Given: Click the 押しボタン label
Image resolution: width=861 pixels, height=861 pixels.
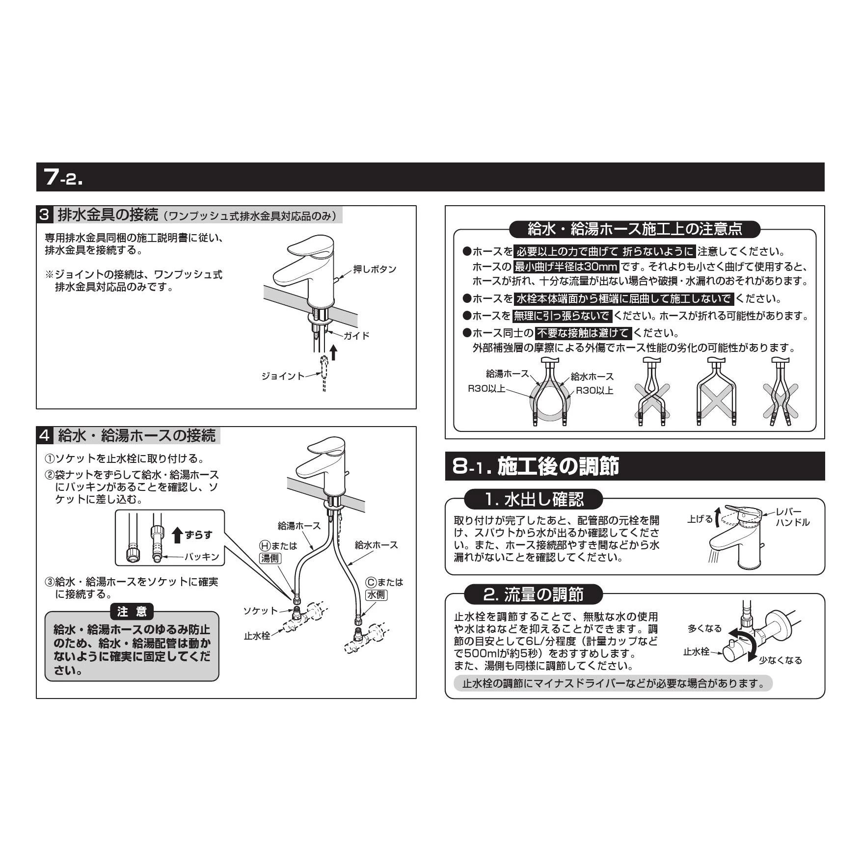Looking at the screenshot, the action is [375, 269].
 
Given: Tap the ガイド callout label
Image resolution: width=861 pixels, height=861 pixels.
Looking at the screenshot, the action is [356, 336].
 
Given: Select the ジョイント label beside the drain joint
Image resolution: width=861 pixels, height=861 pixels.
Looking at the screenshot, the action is [283, 376].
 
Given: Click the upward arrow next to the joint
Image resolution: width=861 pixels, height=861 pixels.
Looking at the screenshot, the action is [334, 352].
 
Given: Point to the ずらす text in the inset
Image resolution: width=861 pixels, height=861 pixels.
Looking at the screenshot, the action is [199, 535].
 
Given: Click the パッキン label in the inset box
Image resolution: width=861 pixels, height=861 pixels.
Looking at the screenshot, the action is [202, 557].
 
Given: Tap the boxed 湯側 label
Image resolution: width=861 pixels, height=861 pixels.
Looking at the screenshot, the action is [269, 558].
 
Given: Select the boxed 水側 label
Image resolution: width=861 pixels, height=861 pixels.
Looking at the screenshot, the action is [377, 594].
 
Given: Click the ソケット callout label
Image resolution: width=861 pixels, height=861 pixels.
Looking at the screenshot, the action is [261, 611].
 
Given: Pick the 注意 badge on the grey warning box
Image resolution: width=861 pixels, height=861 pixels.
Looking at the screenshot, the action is [132, 612].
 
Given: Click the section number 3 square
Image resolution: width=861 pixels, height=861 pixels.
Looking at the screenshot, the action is [44, 215].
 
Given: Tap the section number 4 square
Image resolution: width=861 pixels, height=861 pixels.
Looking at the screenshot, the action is [44, 435].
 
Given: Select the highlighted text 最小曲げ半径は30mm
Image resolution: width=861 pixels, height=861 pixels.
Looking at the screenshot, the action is [565, 267].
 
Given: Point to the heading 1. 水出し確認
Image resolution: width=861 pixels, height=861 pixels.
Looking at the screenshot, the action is [534, 500].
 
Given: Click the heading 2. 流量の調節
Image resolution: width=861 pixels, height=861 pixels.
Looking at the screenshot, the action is [534, 594].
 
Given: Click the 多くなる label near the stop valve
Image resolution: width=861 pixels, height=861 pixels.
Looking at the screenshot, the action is [704, 628].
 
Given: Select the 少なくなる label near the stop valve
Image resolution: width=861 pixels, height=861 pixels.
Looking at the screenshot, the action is [780, 660].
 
